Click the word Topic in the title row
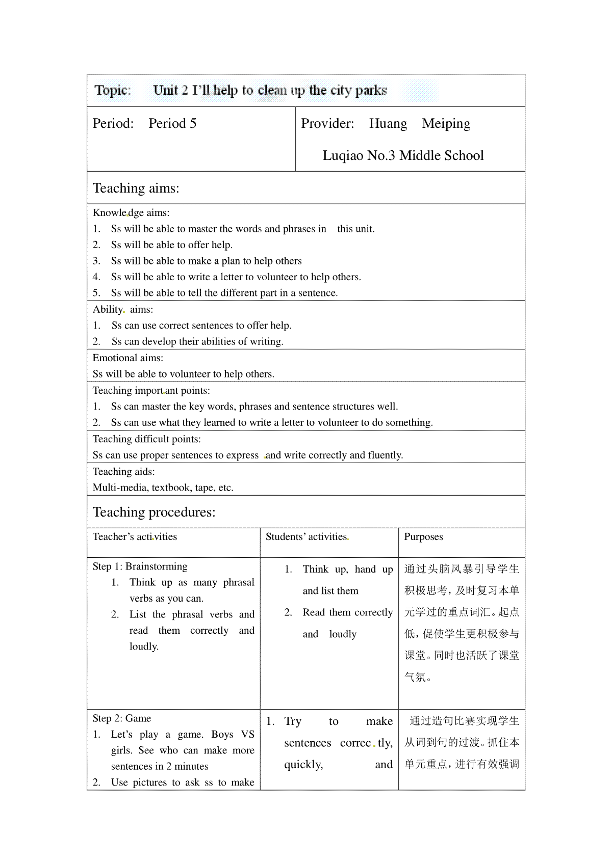click(112, 91)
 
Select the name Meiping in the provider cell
click(446, 124)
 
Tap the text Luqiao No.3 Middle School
click(403, 156)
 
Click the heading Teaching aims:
click(136, 188)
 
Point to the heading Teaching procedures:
click(154, 512)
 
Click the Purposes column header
click(423, 537)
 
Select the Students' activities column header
click(306, 537)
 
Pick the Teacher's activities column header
click(135, 537)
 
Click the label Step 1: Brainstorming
click(140, 566)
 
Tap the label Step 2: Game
click(122, 718)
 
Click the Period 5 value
click(172, 124)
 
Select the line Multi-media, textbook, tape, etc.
click(163, 488)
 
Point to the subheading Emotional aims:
click(128, 358)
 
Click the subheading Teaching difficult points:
click(147, 439)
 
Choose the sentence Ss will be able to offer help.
click(172, 245)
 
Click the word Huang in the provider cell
click(388, 124)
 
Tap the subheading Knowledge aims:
click(131, 213)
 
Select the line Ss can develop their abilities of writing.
click(197, 342)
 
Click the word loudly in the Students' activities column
click(343, 634)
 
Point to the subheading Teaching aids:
click(123, 472)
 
